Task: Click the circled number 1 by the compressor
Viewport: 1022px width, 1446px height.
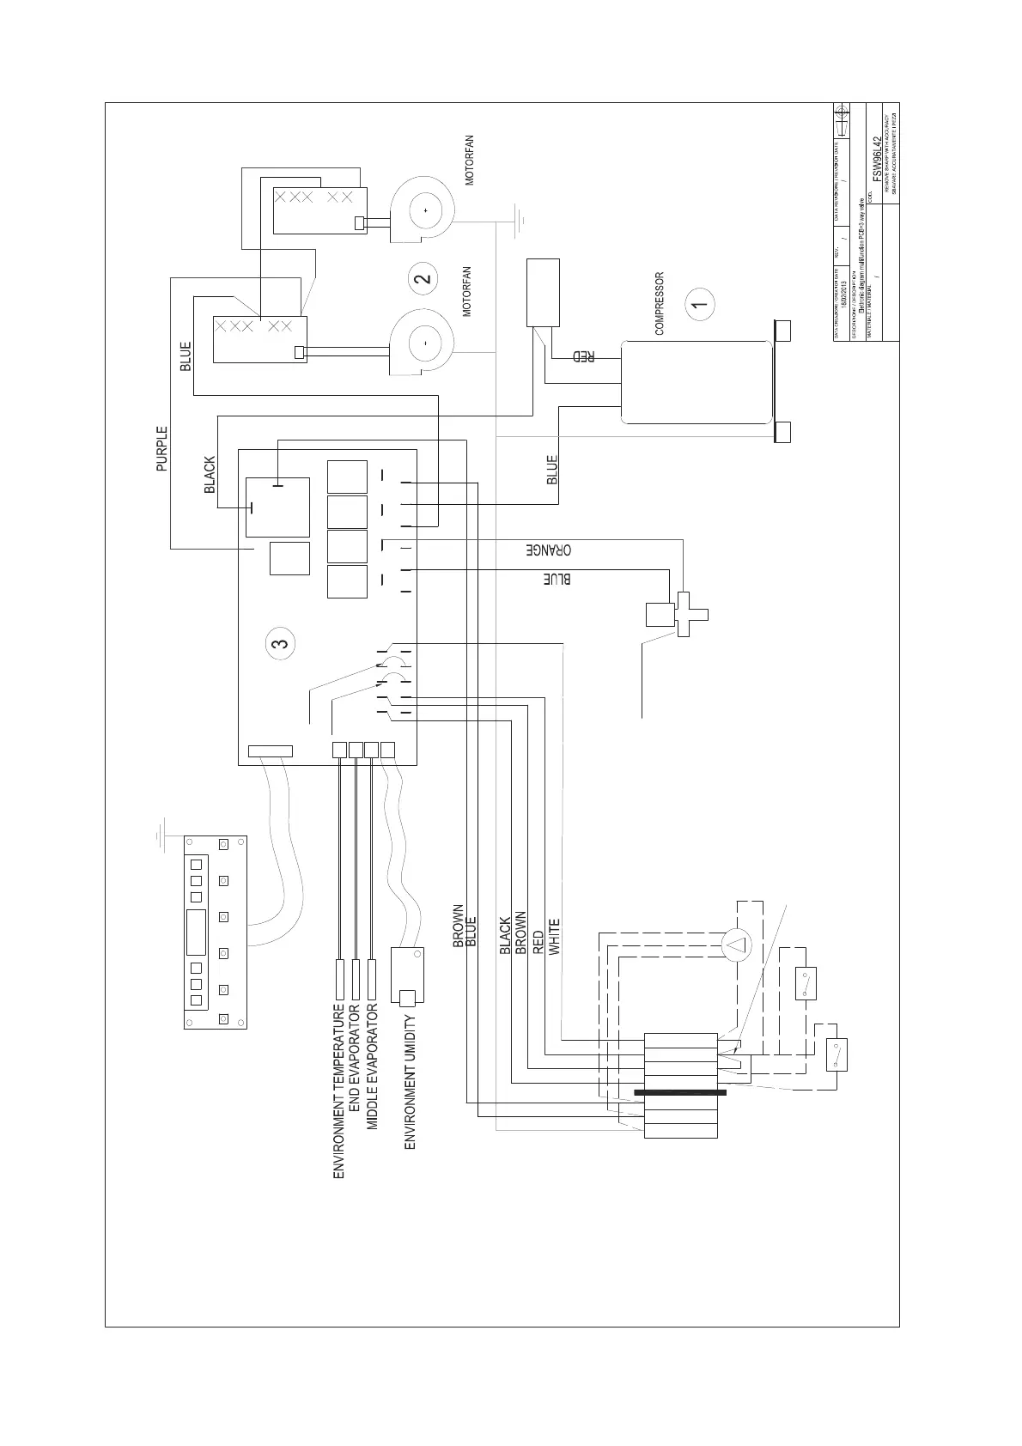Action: pos(701,302)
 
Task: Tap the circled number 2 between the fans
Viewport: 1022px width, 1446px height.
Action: pos(423,278)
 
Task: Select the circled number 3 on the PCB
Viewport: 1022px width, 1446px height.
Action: pos(280,642)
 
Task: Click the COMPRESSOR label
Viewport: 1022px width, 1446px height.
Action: pos(660,304)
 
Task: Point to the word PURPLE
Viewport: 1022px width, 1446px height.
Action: pos(162,449)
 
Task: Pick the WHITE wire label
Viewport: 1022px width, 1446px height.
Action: pos(555,937)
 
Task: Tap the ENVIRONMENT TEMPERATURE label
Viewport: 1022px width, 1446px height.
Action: pos(338,1090)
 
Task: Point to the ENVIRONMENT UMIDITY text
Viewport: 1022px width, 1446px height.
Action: pos(411,1082)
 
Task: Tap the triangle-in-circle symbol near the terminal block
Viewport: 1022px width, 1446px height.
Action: pos(736,946)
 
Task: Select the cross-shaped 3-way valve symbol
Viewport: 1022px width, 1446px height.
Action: pos(690,614)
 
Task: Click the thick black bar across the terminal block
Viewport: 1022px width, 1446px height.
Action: pos(680,1092)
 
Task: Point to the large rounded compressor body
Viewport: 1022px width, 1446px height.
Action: pos(697,381)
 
